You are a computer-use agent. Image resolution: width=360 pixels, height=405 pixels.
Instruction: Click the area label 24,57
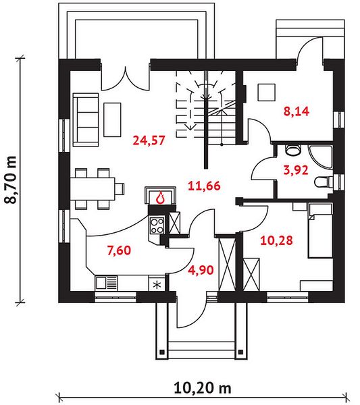click(x=149, y=141)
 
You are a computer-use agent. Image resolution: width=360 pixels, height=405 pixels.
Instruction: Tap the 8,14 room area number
click(x=297, y=111)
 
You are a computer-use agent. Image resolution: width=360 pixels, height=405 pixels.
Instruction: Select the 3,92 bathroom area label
click(x=296, y=170)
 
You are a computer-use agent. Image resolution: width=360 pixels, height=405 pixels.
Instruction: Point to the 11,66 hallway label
click(x=204, y=186)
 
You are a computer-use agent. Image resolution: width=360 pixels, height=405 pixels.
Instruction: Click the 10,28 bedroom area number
click(x=276, y=240)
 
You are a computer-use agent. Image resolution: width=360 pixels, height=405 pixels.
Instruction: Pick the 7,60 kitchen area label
click(x=119, y=250)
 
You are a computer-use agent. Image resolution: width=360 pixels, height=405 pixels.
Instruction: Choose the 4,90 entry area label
click(x=201, y=270)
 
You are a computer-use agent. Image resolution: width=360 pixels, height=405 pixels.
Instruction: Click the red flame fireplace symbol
click(x=161, y=198)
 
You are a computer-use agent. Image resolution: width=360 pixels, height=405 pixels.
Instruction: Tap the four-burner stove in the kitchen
click(x=157, y=225)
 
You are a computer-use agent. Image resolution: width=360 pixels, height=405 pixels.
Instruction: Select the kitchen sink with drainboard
click(x=106, y=283)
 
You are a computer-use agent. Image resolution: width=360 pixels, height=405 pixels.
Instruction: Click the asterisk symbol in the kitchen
click(x=157, y=285)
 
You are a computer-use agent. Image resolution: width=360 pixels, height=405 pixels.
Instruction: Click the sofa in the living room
click(x=86, y=120)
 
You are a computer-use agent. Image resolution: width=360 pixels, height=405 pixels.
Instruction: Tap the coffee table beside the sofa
click(x=112, y=119)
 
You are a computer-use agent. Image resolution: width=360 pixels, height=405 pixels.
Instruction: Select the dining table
click(x=93, y=189)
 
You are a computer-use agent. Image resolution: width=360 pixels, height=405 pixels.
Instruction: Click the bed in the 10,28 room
click(x=320, y=230)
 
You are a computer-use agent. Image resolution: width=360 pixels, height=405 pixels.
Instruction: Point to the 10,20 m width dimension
click(x=203, y=388)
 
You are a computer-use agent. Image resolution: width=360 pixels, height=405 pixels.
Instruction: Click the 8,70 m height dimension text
click(x=11, y=180)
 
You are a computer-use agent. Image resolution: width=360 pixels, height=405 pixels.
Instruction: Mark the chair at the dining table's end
click(x=120, y=189)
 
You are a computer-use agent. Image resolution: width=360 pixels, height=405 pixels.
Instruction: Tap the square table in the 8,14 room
click(x=266, y=92)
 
